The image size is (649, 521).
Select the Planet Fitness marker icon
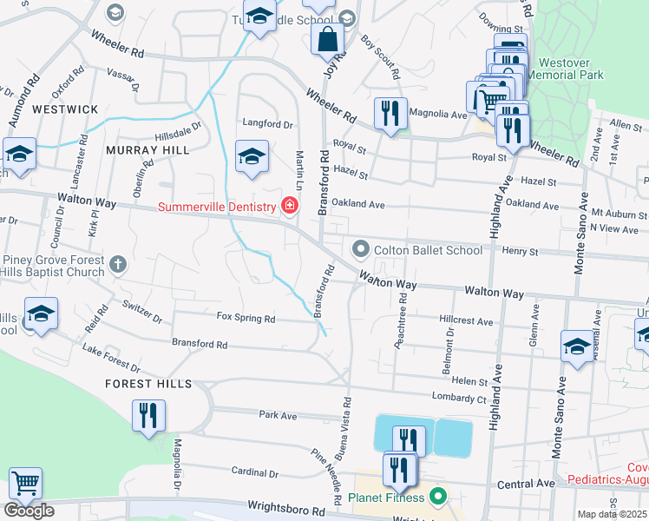pyautogui.click(x=438, y=498)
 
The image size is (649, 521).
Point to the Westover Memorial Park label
pyautogui.click(x=570, y=69)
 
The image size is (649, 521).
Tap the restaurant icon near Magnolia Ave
pyautogui.click(x=390, y=114)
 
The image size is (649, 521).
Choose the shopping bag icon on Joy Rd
pyautogui.click(x=328, y=39)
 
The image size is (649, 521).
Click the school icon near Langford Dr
pyautogui.click(x=252, y=158)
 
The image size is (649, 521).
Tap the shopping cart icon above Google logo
pyautogui.click(x=25, y=483)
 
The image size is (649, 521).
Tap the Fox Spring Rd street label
pyautogui.click(x=246, y=319)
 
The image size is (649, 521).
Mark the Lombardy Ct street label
pyautogui.click(x=459, y=398)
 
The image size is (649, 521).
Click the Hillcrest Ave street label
pyautogui.click(x=466, y=320)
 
